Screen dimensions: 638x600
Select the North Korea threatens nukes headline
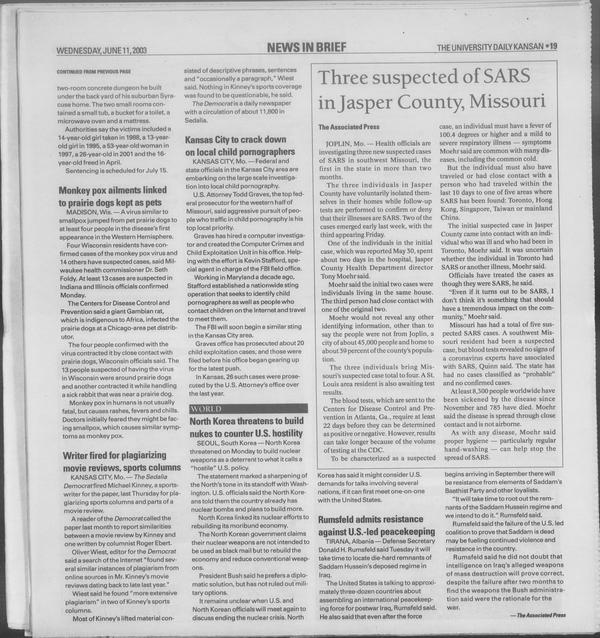pyautogui.click(x=245, y=428)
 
